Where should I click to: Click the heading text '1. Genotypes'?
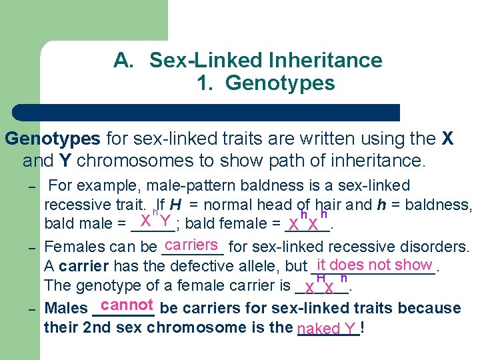point(265,83)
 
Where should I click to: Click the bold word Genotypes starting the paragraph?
point(53,139)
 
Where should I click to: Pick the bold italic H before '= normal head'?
point(175,205)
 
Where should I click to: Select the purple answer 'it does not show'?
point(375,265)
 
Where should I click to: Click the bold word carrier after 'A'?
point(83,267)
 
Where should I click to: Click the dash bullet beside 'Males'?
point(31,309)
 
